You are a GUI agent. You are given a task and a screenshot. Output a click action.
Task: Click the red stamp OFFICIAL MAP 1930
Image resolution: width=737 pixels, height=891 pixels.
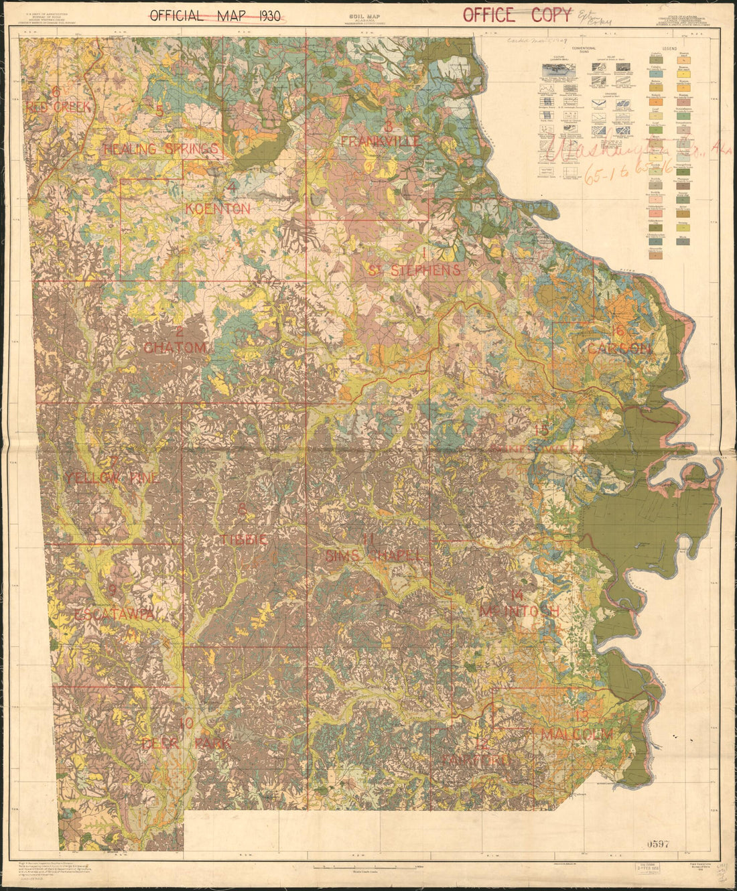[214, 16]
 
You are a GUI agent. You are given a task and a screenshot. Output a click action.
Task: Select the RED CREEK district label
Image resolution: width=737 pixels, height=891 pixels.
[59, 107]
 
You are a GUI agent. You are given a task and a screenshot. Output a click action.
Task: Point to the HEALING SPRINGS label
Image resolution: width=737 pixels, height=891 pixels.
[161, 149]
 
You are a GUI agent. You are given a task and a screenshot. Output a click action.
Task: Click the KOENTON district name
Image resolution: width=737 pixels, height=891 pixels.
[218, 209]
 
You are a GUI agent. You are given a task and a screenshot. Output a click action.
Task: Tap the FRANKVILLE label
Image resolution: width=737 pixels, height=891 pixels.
[381, 141]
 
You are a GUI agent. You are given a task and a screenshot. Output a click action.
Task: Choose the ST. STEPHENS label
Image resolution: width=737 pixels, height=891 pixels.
[414, 271]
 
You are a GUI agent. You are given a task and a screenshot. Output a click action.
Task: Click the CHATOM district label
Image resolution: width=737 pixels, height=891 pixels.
[175, 348]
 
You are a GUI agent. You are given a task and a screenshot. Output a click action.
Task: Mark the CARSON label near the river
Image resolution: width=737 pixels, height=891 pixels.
[619, 349]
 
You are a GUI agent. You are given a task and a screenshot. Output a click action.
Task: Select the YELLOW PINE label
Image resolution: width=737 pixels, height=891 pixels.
[112, 478]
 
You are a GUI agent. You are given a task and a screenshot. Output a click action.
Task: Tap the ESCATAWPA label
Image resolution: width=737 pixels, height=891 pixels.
[116, 614]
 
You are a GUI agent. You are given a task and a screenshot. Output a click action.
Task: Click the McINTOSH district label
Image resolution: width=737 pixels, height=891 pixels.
[519, 611]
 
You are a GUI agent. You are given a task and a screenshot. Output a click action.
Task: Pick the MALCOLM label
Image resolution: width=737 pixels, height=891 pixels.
[577, 734]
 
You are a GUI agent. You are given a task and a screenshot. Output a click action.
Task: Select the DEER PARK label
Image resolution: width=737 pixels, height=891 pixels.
[186, 744]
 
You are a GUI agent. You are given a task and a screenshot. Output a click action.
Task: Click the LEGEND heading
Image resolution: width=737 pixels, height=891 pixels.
[671, 49]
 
